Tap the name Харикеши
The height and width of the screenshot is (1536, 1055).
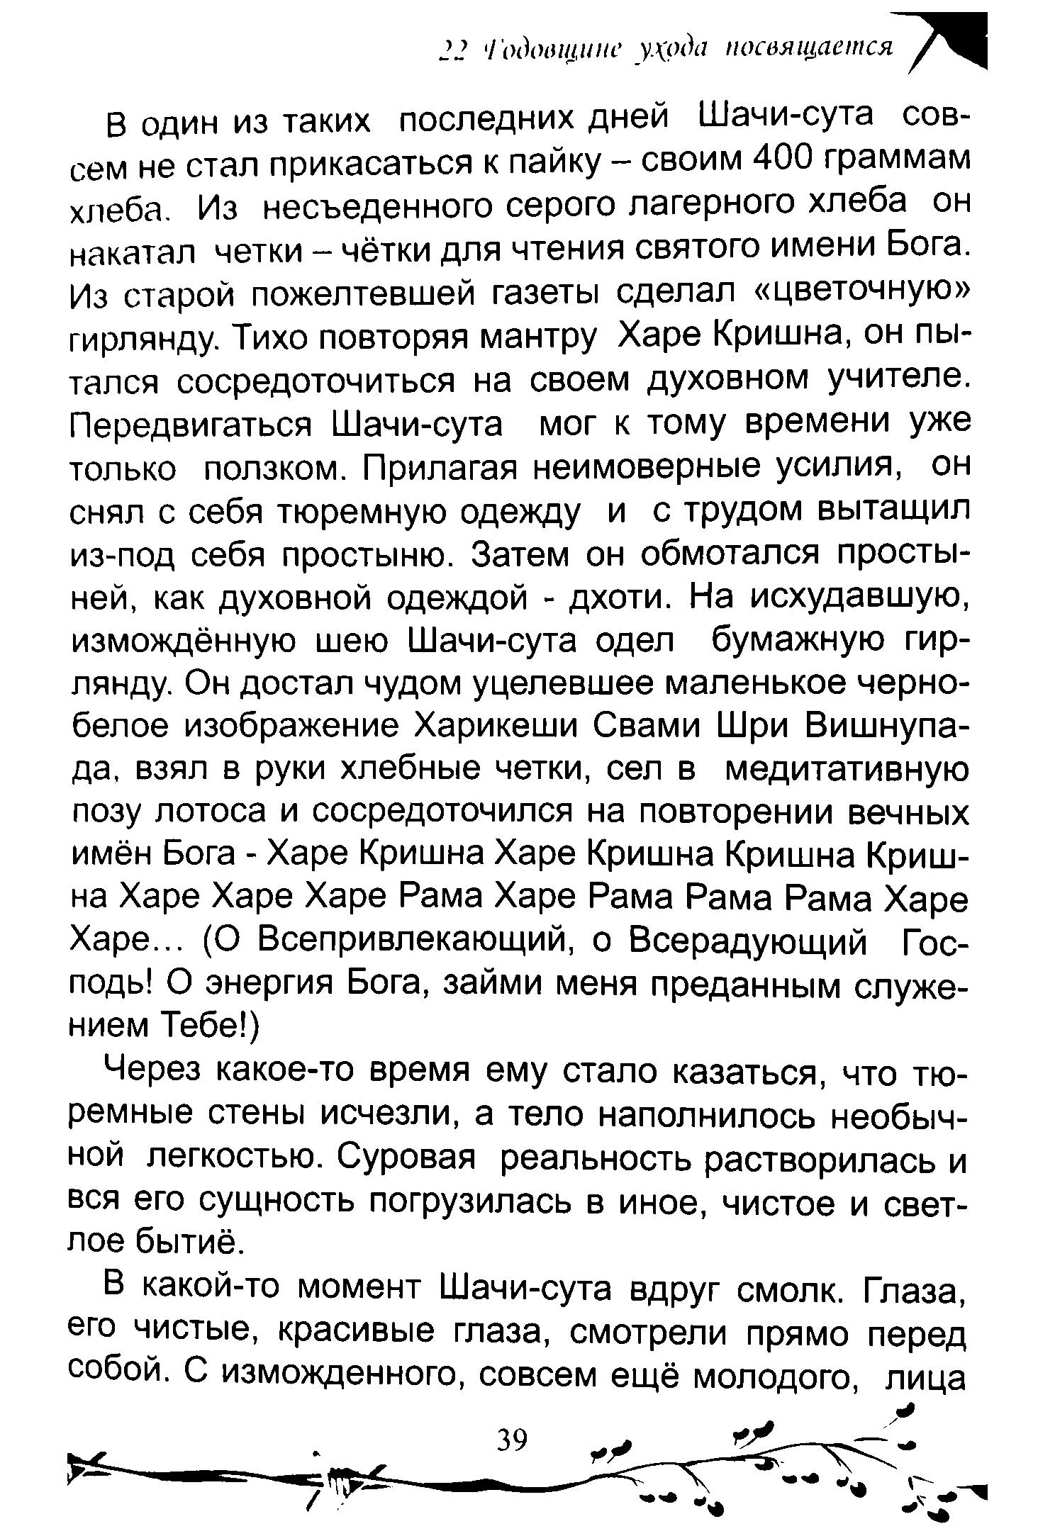(x=493, y=725)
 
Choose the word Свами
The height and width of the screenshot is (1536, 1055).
(x=645, y=725)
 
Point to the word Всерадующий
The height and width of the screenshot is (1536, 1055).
(x=749, y=942)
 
